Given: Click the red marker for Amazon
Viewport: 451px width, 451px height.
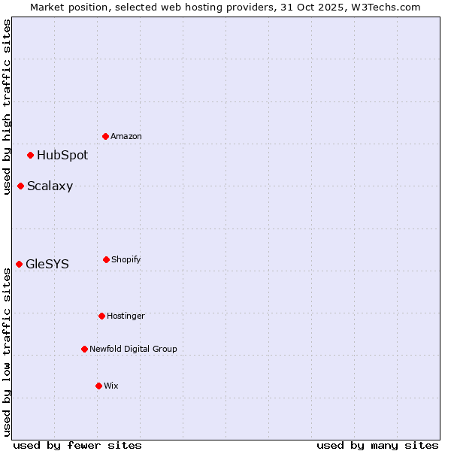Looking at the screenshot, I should [x=105, y=136].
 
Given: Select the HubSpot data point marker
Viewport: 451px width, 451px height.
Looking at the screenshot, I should [x=30, y=155].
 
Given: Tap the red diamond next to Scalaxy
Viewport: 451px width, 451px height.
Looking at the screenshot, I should [x=20, y=186].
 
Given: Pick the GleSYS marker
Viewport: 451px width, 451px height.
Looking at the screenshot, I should [x=19, y=264].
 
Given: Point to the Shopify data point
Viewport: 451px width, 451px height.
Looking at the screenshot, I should [x=106, y=259].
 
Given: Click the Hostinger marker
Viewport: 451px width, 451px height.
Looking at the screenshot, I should [x=101, y=316].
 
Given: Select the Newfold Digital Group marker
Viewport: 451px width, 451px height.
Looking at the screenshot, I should [x=84, y=349].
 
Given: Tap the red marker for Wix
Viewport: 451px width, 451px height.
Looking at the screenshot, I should [x=98, y=386].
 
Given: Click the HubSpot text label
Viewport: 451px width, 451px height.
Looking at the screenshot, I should [x=62, y=156].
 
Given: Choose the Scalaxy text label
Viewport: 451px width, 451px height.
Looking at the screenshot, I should [x=50, y=186].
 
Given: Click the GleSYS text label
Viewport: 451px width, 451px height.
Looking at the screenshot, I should [x=47, y=265].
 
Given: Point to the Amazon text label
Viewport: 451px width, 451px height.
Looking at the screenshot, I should [x=126, y=137].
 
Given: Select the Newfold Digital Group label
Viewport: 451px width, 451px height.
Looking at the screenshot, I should [x=133, y=349].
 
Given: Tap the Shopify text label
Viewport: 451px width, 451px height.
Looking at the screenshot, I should [x=126, y=260].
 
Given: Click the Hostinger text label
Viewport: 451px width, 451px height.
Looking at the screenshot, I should [x=126, y=316].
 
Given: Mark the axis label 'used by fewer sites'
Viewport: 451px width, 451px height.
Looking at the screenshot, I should [x=77, y=445].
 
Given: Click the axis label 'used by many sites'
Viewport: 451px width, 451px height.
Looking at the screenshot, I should [x=377, y=445].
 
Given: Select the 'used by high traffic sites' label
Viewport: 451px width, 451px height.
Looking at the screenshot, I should [x=7, y=107].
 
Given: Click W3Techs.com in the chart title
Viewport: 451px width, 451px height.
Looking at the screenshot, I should [x=384, y=7].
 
